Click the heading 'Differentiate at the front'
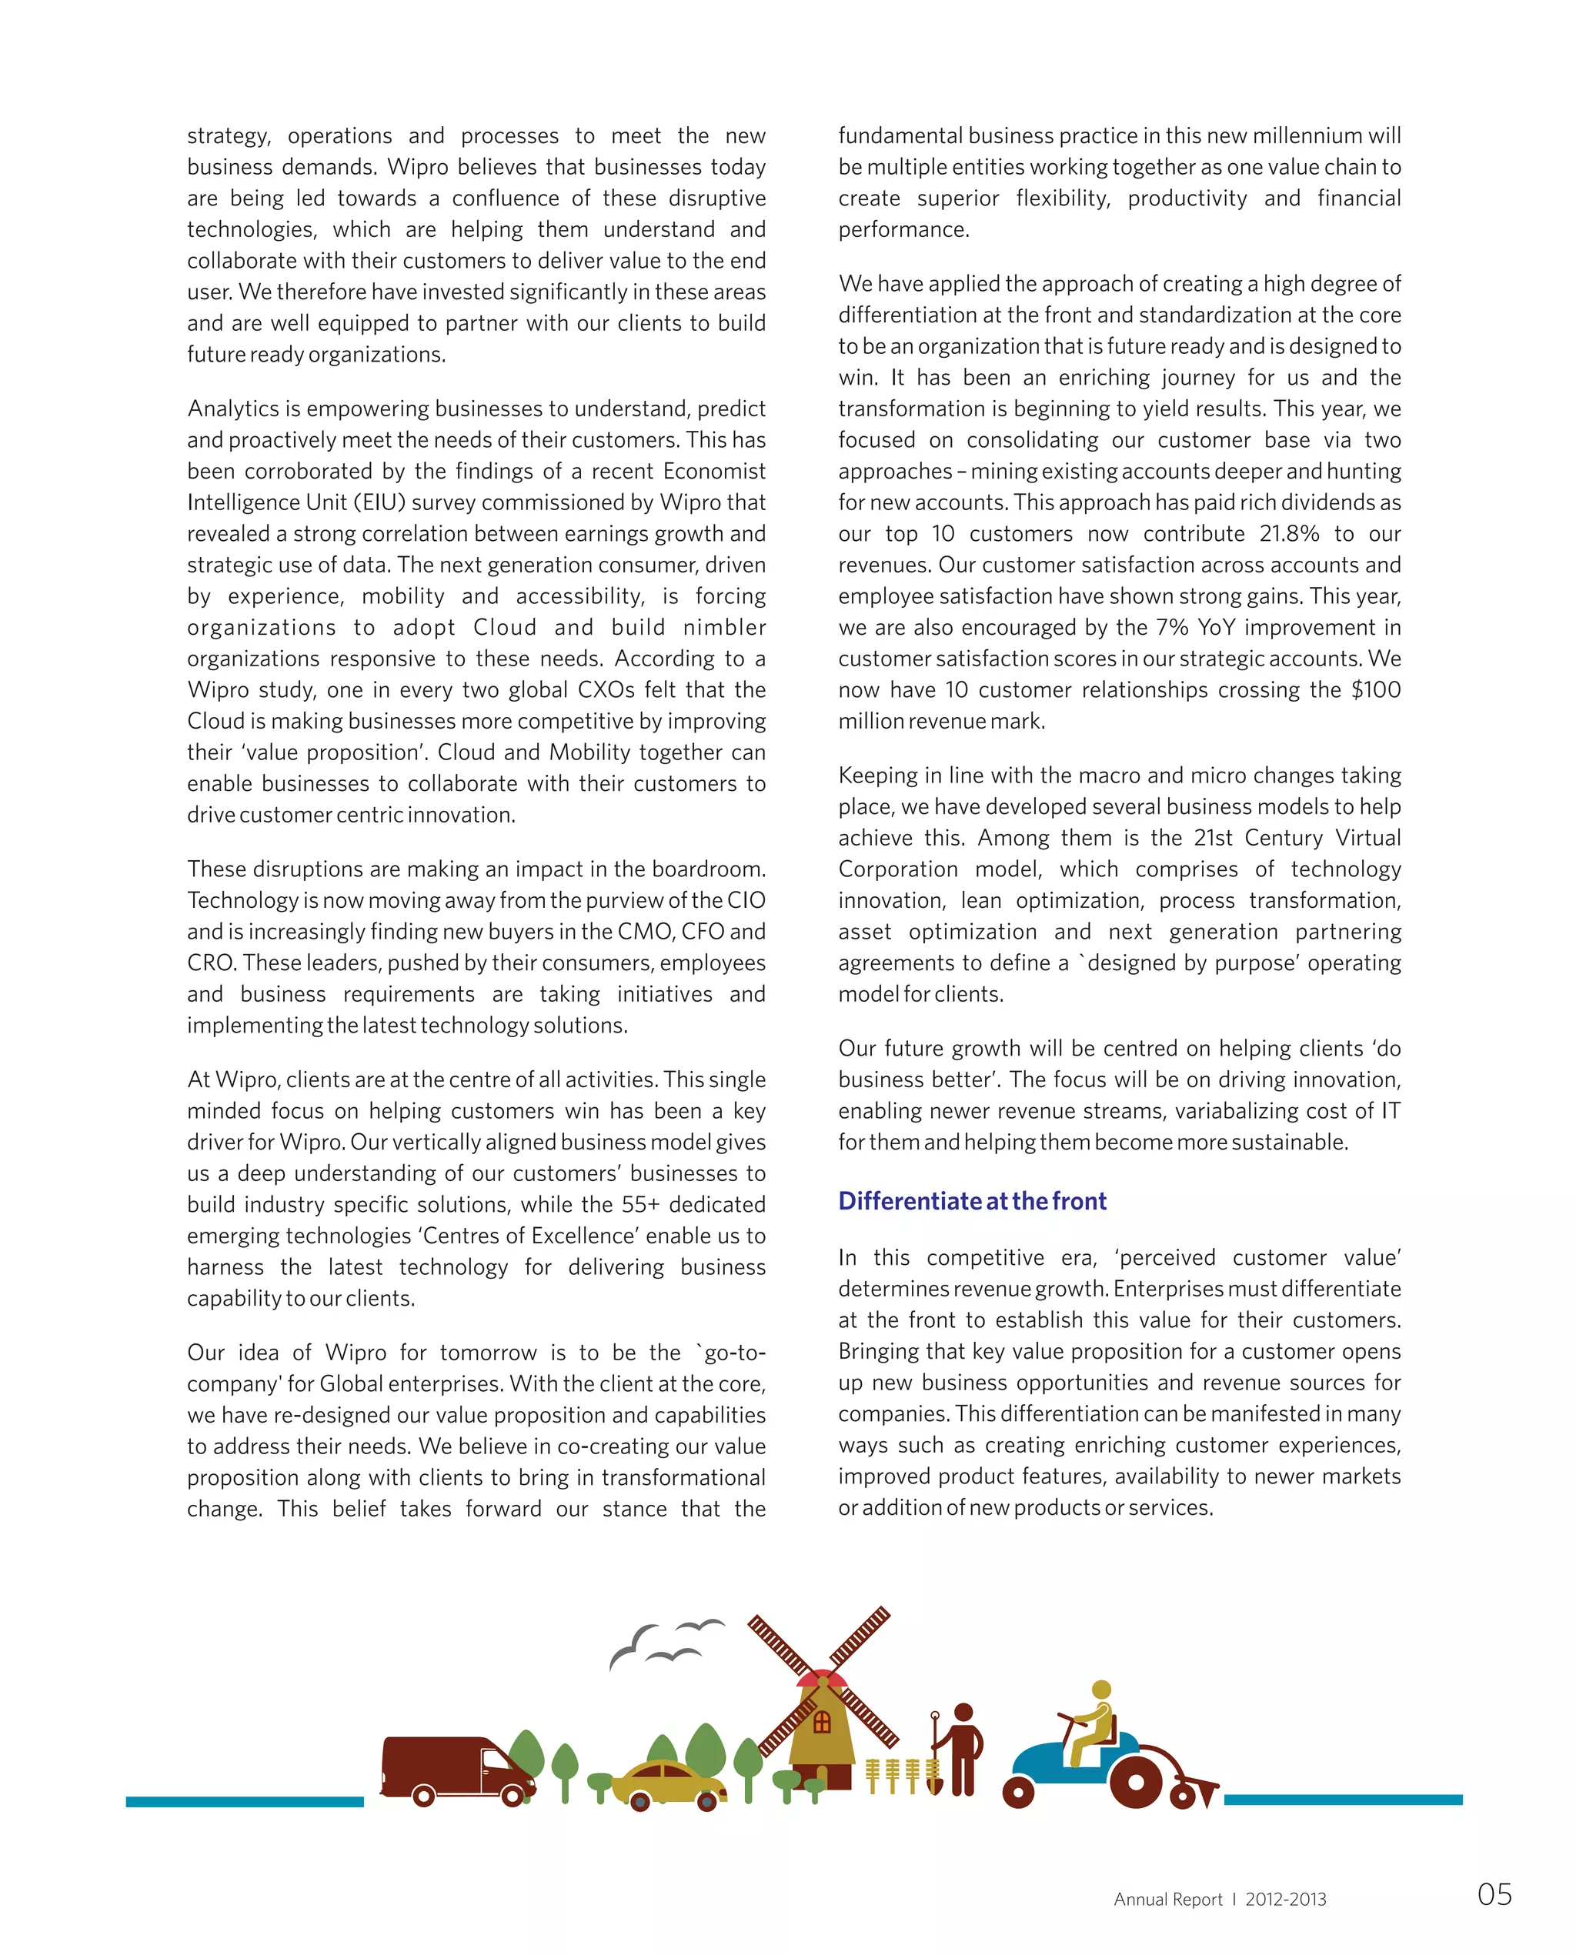pyautogui.click(x=971, y=1201)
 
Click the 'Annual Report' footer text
pyautogui.click(x=1167, y=1899)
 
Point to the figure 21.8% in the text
pyautogui.click(x=1288, y=534)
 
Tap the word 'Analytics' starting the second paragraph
pyautogui.click(x=233, y=409)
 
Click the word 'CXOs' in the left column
pyautogui.click(x=607, y=690)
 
